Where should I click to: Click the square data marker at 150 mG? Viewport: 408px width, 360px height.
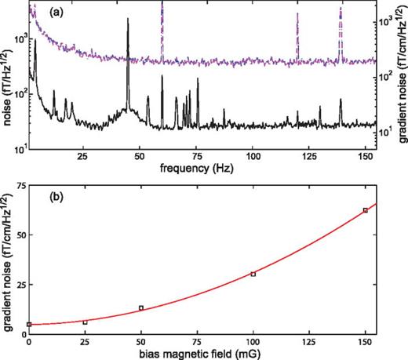pyautogui.click(x=366, y=210)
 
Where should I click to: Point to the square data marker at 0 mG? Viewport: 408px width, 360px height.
pyautogui.click(x=29, y=324)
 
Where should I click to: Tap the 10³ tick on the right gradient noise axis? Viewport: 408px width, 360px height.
pyautogui.click(x=388, y=24)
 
